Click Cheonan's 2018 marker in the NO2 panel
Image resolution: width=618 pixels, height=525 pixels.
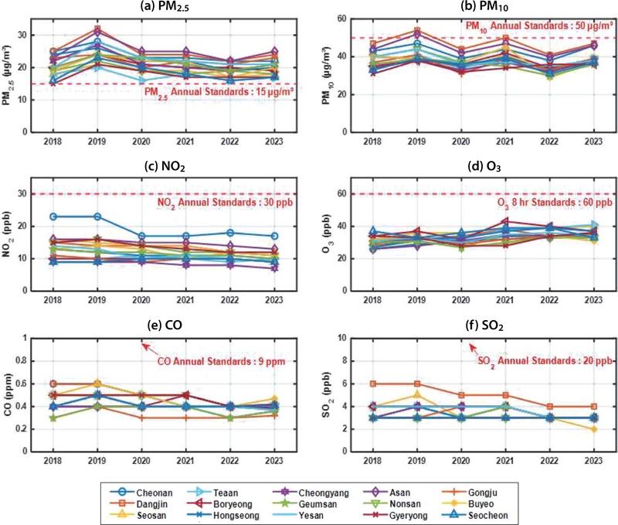[53, 195]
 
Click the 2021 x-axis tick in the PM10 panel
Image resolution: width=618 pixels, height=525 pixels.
[506, 142]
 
